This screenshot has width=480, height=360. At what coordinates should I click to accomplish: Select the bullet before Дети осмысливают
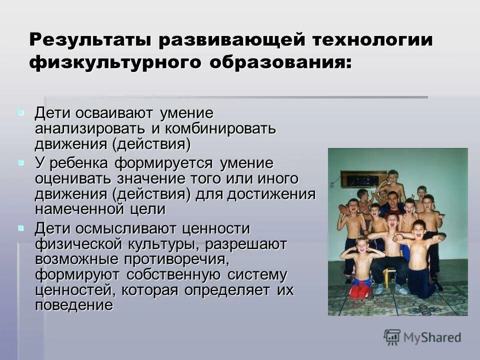coord(20,228)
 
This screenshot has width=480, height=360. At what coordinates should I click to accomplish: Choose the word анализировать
coord(91,129)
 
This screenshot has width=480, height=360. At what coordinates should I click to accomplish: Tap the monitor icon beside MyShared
coord(392,337)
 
